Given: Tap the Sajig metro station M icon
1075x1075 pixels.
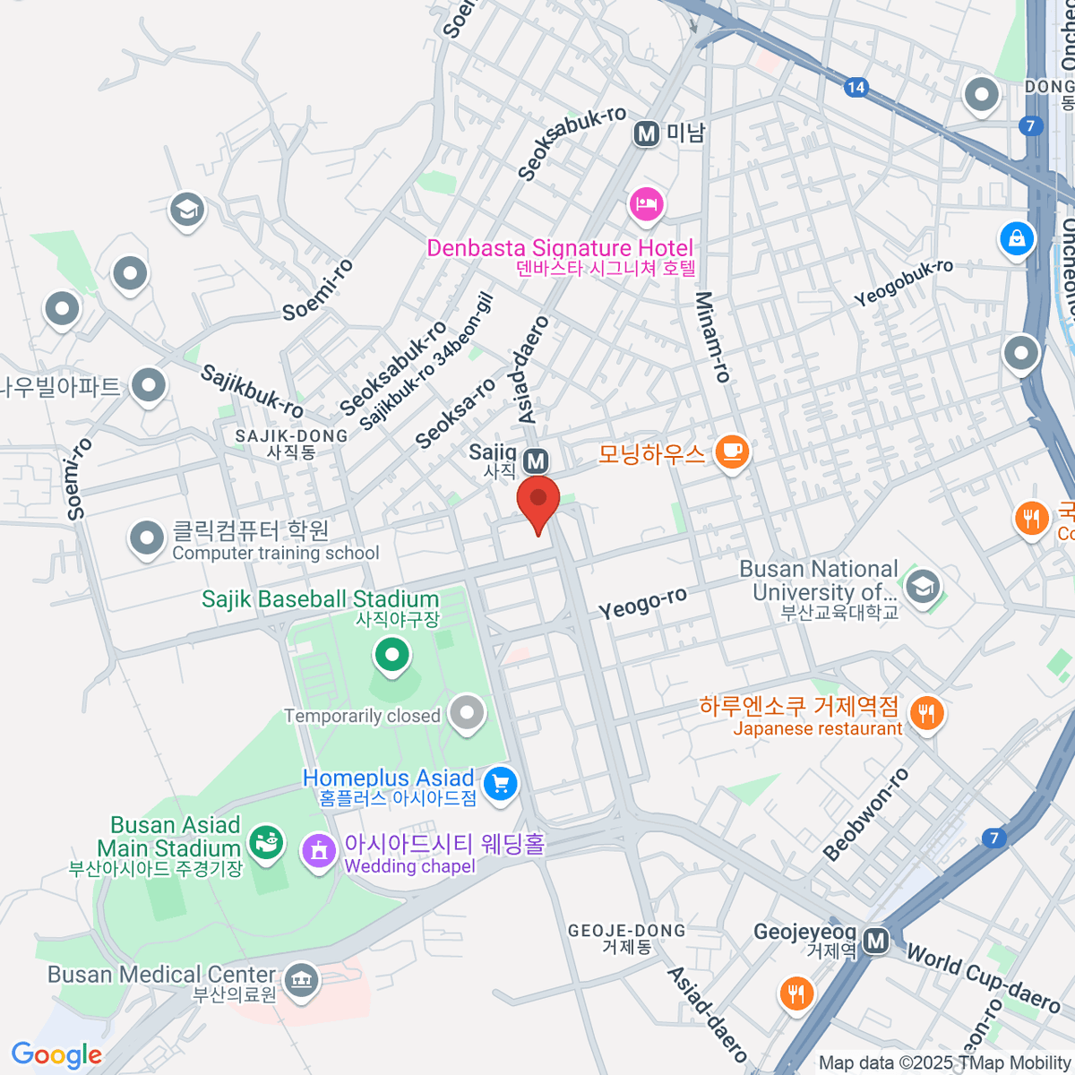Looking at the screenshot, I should tap(536, 461).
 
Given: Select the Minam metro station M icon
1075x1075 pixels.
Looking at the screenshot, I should tap(646, 134).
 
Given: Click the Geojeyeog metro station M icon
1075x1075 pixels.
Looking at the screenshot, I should tap(876, 940).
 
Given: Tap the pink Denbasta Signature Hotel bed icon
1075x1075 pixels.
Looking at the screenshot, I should tap(645, 205).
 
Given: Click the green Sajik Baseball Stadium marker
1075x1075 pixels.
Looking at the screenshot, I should tap(391, 654).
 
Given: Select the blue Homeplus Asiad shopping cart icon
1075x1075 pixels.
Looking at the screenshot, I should tap(500, 785).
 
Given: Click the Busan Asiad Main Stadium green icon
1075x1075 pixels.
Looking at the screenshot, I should tap(266, 842).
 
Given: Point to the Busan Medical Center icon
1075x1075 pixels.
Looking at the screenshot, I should tap(301, 981).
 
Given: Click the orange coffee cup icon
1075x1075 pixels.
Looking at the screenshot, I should tap(732, 451).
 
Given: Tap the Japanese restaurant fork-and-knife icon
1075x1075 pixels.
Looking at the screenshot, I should tap(925, 714).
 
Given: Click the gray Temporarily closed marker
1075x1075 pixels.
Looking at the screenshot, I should tap(467, 713).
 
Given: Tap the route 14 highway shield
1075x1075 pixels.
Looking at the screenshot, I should tap(856, 87).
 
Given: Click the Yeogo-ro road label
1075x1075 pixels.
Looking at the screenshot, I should tap(642, 604).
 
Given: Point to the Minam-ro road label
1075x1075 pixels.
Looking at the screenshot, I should tap(713, 337).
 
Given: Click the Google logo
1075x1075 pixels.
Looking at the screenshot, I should tap(56, 1055).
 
